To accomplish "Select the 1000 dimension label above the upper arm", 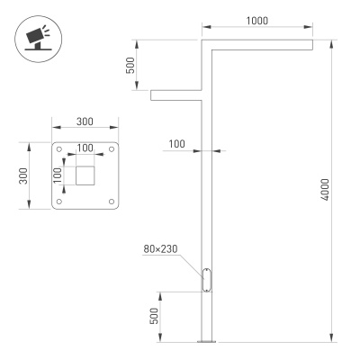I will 256,20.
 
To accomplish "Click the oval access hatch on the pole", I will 207,280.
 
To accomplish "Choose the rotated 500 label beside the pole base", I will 154,316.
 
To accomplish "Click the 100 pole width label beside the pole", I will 177,143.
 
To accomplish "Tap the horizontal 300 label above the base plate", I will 85,121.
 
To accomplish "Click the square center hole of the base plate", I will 85,175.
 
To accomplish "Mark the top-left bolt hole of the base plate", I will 60,149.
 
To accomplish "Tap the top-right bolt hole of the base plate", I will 112,149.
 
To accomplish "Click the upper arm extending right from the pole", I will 261,44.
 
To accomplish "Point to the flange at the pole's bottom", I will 207,341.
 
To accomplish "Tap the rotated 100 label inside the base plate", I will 58,175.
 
